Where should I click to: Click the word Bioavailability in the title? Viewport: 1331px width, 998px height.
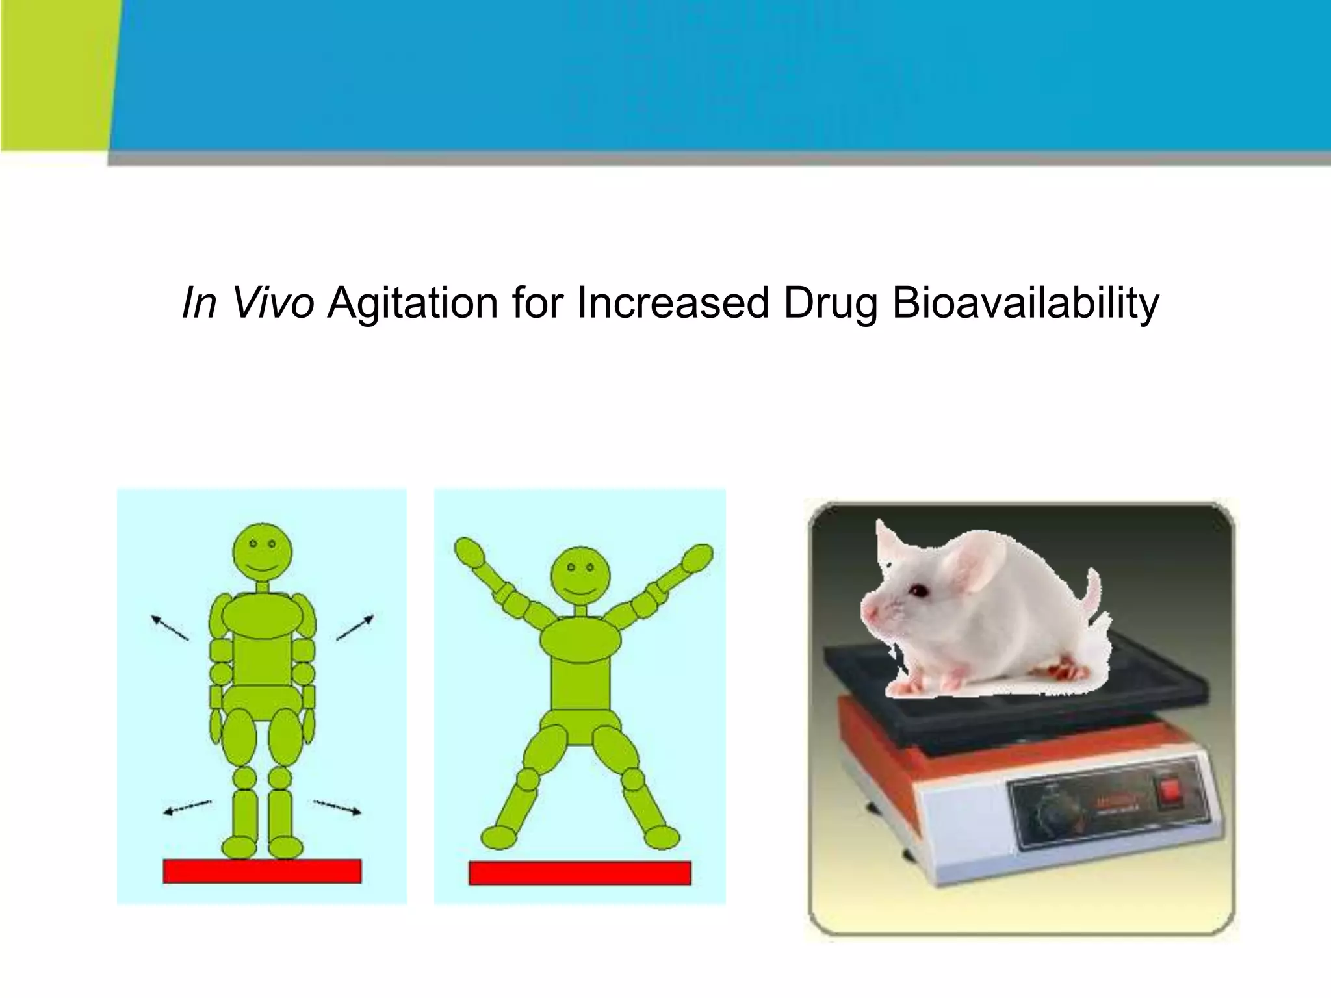[1025, 303]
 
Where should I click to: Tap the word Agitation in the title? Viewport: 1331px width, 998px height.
[412, 303]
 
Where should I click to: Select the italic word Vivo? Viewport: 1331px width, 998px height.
[274, 303]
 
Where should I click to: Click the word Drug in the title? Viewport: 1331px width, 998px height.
[830, 303]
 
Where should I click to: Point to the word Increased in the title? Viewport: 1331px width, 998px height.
[673, 303]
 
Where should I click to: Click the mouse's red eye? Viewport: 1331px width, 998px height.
[918, 590]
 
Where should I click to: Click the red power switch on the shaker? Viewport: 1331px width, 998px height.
[1171, 791]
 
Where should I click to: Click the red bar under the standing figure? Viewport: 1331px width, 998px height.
[262, 871]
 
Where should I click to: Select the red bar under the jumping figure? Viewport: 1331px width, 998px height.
[580, 873]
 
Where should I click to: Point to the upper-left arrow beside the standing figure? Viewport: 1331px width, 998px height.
[169, 627]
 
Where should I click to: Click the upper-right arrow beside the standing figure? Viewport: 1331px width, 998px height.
[355, 627]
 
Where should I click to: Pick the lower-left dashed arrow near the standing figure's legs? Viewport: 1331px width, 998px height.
[187, 807]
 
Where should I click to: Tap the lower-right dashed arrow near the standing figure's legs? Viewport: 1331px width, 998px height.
[337, 807]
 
